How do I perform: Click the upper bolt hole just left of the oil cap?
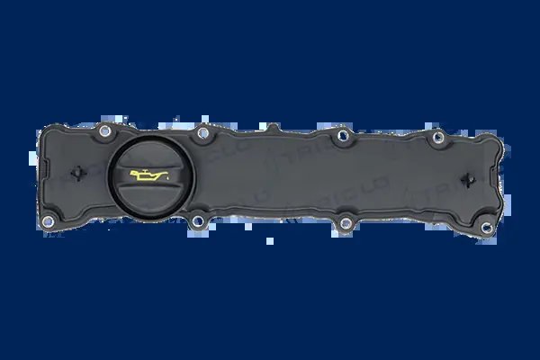pos(107,132)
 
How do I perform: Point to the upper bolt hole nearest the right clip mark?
pos(437,138)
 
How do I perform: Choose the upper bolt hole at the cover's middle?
pos(339,138)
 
